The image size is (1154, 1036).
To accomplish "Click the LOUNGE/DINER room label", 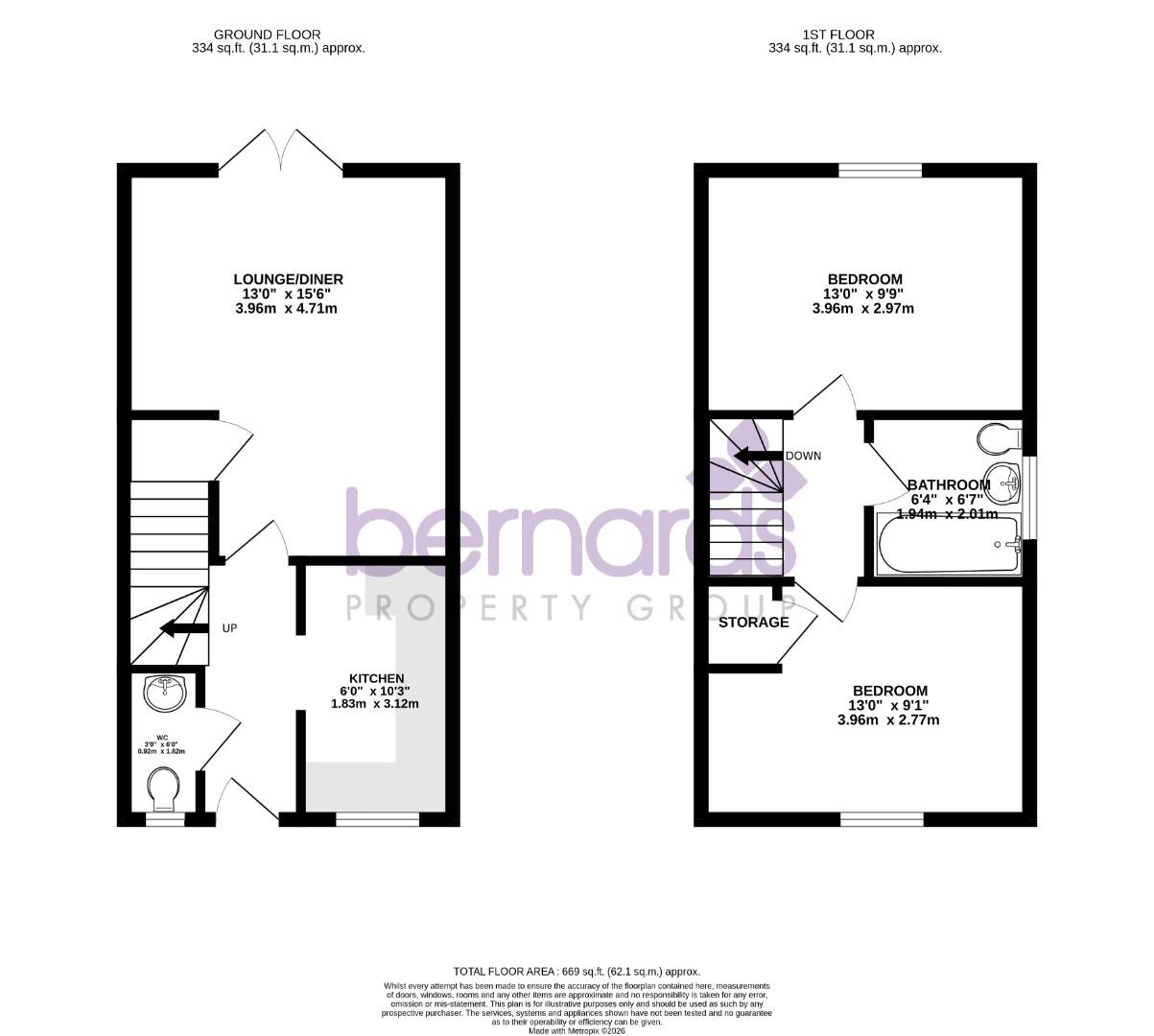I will tap(288, 279).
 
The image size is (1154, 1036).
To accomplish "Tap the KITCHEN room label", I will tap(376, 678).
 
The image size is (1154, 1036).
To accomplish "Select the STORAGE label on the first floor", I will tap(754, 623).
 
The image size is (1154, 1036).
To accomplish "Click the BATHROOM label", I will tap(949, 484).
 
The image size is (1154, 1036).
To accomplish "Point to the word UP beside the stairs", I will tap(229, 628).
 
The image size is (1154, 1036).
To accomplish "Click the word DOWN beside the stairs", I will tap(803, 456).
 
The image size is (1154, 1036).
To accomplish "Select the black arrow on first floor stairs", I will tap(757, 456).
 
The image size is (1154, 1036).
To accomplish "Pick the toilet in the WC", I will tap(165, 791).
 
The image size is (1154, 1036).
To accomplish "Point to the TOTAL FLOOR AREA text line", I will tap(577, 971).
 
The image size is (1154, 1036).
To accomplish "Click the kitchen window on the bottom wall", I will tap(377, 819).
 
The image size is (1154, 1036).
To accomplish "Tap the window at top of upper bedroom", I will tap(880, 171).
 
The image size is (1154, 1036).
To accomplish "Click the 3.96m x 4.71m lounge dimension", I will tap(288, 309).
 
